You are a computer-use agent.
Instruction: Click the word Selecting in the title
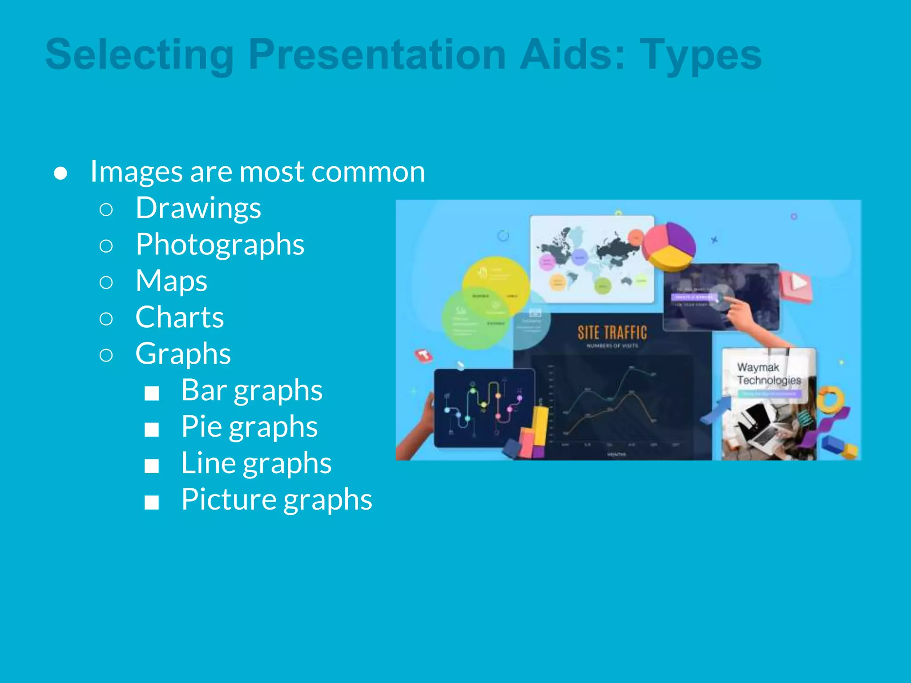pos(139,55)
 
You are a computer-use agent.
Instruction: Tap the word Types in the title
pos(701,55)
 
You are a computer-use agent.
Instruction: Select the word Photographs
pos(220,245)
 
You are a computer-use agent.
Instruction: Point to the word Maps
pos(171,281)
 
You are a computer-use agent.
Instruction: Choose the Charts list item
pos(179,317)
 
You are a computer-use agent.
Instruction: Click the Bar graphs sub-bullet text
pos(251,390)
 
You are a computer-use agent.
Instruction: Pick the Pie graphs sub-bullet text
pos(249,427)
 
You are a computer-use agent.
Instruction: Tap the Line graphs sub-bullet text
pos(256,463)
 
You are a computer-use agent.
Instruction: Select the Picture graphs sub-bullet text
pos(276,500)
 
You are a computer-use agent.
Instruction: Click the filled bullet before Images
pos(60,173)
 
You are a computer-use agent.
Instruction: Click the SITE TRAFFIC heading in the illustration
pos(612,333)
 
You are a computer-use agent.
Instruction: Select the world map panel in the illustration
pos(592,260)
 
